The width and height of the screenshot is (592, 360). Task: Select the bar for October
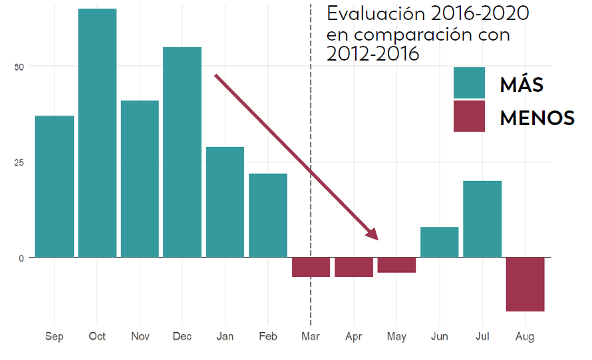click(97, 133)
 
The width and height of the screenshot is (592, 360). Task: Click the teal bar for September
click(55, 186)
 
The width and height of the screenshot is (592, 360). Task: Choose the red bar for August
click(525, 284)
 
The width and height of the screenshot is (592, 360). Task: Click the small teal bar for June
click(440, 242)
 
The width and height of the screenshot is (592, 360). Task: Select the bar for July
click(482, 219)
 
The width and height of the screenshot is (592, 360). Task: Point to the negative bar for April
click(354, 267)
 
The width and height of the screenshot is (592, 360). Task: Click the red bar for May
click(396, 265)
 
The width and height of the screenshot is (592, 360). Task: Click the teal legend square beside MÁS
click(469, 83)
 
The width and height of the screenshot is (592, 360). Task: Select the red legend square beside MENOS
click(469, 116)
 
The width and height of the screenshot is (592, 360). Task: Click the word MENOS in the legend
click(537, 118)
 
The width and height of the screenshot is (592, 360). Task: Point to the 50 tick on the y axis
click(19, 67)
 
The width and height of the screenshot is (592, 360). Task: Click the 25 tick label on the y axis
click(19, 162)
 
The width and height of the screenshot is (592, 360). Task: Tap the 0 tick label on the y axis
click(21, 258)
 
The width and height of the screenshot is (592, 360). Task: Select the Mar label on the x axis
click(311, 337)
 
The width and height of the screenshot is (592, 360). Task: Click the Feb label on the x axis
click(268, 337)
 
